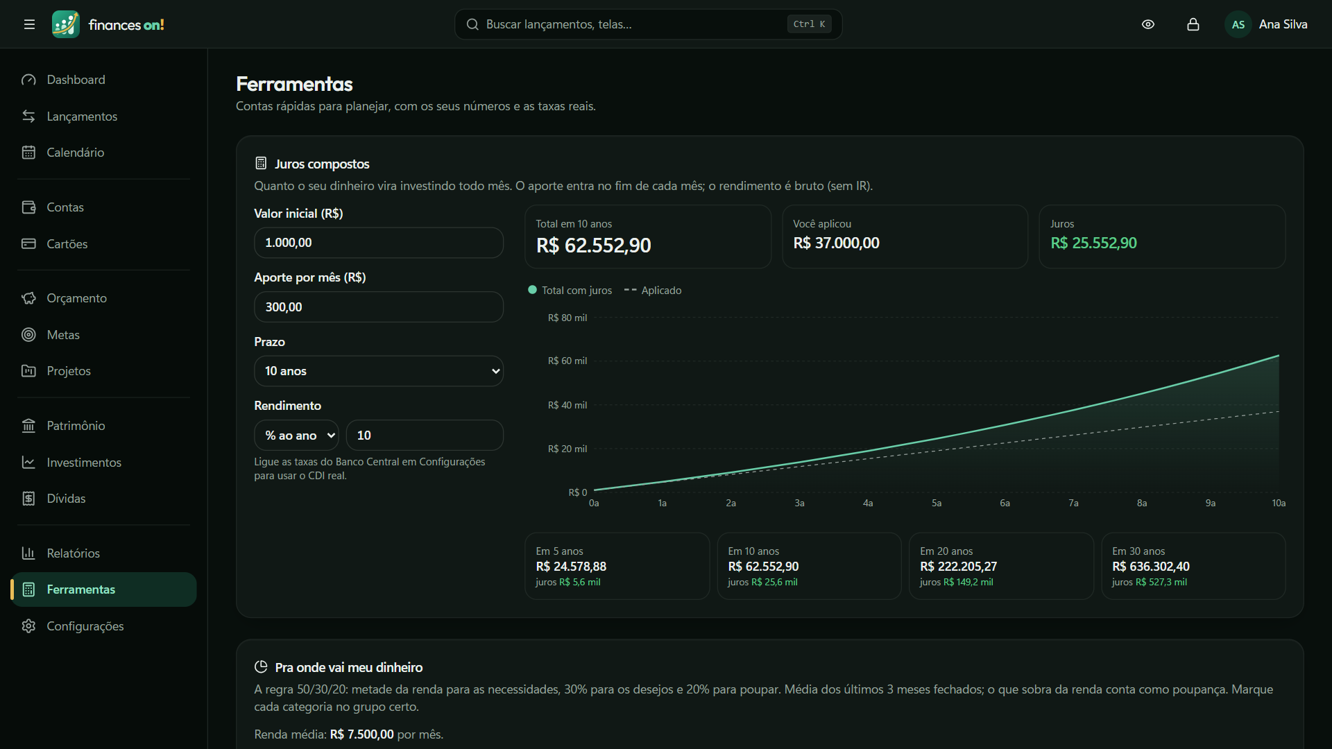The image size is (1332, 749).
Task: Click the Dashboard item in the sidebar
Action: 76,80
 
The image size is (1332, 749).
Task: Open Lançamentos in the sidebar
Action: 82,117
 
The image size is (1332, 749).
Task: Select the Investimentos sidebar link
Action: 83,463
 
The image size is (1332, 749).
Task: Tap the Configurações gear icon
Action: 28,626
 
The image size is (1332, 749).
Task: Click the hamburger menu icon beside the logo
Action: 29,24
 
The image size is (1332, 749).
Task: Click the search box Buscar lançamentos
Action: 648,24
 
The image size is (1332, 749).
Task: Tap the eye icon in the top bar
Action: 1148,24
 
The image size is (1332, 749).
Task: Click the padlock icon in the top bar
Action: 1193,24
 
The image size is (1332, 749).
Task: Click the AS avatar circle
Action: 1238,24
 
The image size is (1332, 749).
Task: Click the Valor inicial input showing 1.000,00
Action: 379,243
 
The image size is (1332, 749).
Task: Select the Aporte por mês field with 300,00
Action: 379,307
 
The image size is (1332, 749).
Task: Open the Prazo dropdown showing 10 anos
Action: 379,371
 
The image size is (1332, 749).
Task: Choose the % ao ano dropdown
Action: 296,436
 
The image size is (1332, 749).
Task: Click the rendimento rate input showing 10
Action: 425,436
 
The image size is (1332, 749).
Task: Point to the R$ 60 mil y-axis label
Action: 567,361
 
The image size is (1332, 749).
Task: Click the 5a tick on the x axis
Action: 937,503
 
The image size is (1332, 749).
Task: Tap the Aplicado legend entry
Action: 653,291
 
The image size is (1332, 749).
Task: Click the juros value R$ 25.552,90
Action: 1093,243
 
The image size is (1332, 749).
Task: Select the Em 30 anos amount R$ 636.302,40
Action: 1151,567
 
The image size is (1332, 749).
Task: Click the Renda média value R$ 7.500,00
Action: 361,734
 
